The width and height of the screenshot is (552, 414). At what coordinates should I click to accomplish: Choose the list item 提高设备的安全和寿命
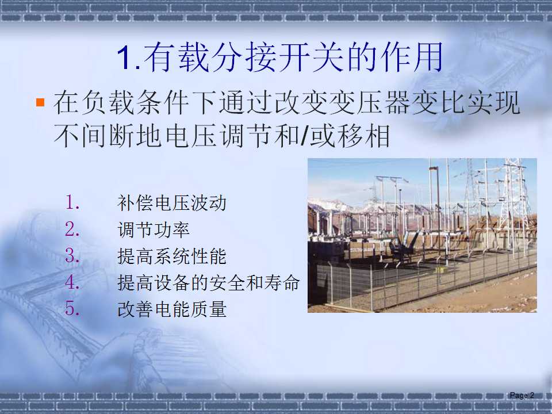tap(208, 283)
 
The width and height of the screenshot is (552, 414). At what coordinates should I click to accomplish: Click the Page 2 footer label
tap(522, 395)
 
